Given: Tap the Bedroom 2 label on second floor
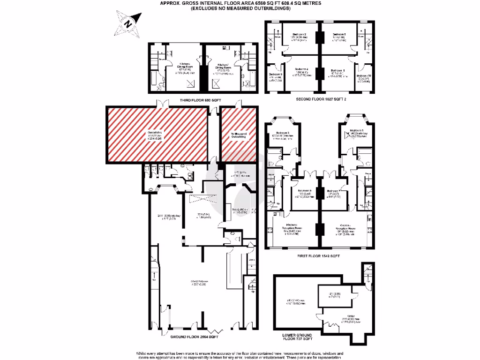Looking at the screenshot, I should click(299, 35).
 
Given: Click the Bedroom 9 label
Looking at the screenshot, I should click(276, 75).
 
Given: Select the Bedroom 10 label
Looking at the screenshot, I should click(364, 75).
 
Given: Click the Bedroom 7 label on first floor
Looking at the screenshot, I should click(333, 191).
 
